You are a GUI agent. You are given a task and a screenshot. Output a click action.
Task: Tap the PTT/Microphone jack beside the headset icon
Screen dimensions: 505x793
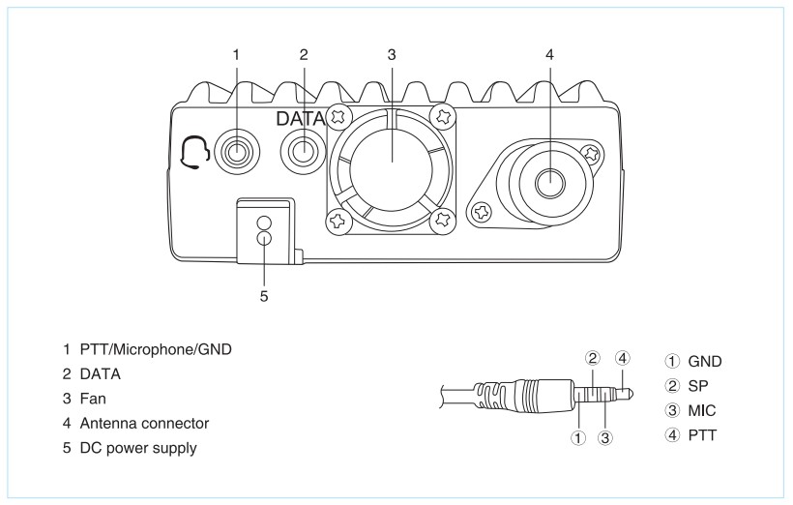(x=235, y=153)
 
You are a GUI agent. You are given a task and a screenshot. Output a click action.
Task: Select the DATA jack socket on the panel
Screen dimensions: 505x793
(x=303, y=151)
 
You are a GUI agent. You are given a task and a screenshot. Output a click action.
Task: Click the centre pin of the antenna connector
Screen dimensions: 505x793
(x=549, y=180)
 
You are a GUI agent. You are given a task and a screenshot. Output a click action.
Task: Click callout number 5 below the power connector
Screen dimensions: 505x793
(x=263, y=296)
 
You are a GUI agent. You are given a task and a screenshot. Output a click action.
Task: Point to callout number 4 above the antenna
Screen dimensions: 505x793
(x=549, y=55)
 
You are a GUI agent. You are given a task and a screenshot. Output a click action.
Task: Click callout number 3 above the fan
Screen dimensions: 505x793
(x=391, y=55)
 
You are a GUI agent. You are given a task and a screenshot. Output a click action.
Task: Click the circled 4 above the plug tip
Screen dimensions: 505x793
(x=623, y=358)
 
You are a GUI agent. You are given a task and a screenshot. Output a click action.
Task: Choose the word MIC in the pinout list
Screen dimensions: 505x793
(x=705, y=408)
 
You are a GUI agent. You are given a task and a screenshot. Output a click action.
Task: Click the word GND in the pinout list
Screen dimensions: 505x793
(x=705, y=361)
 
